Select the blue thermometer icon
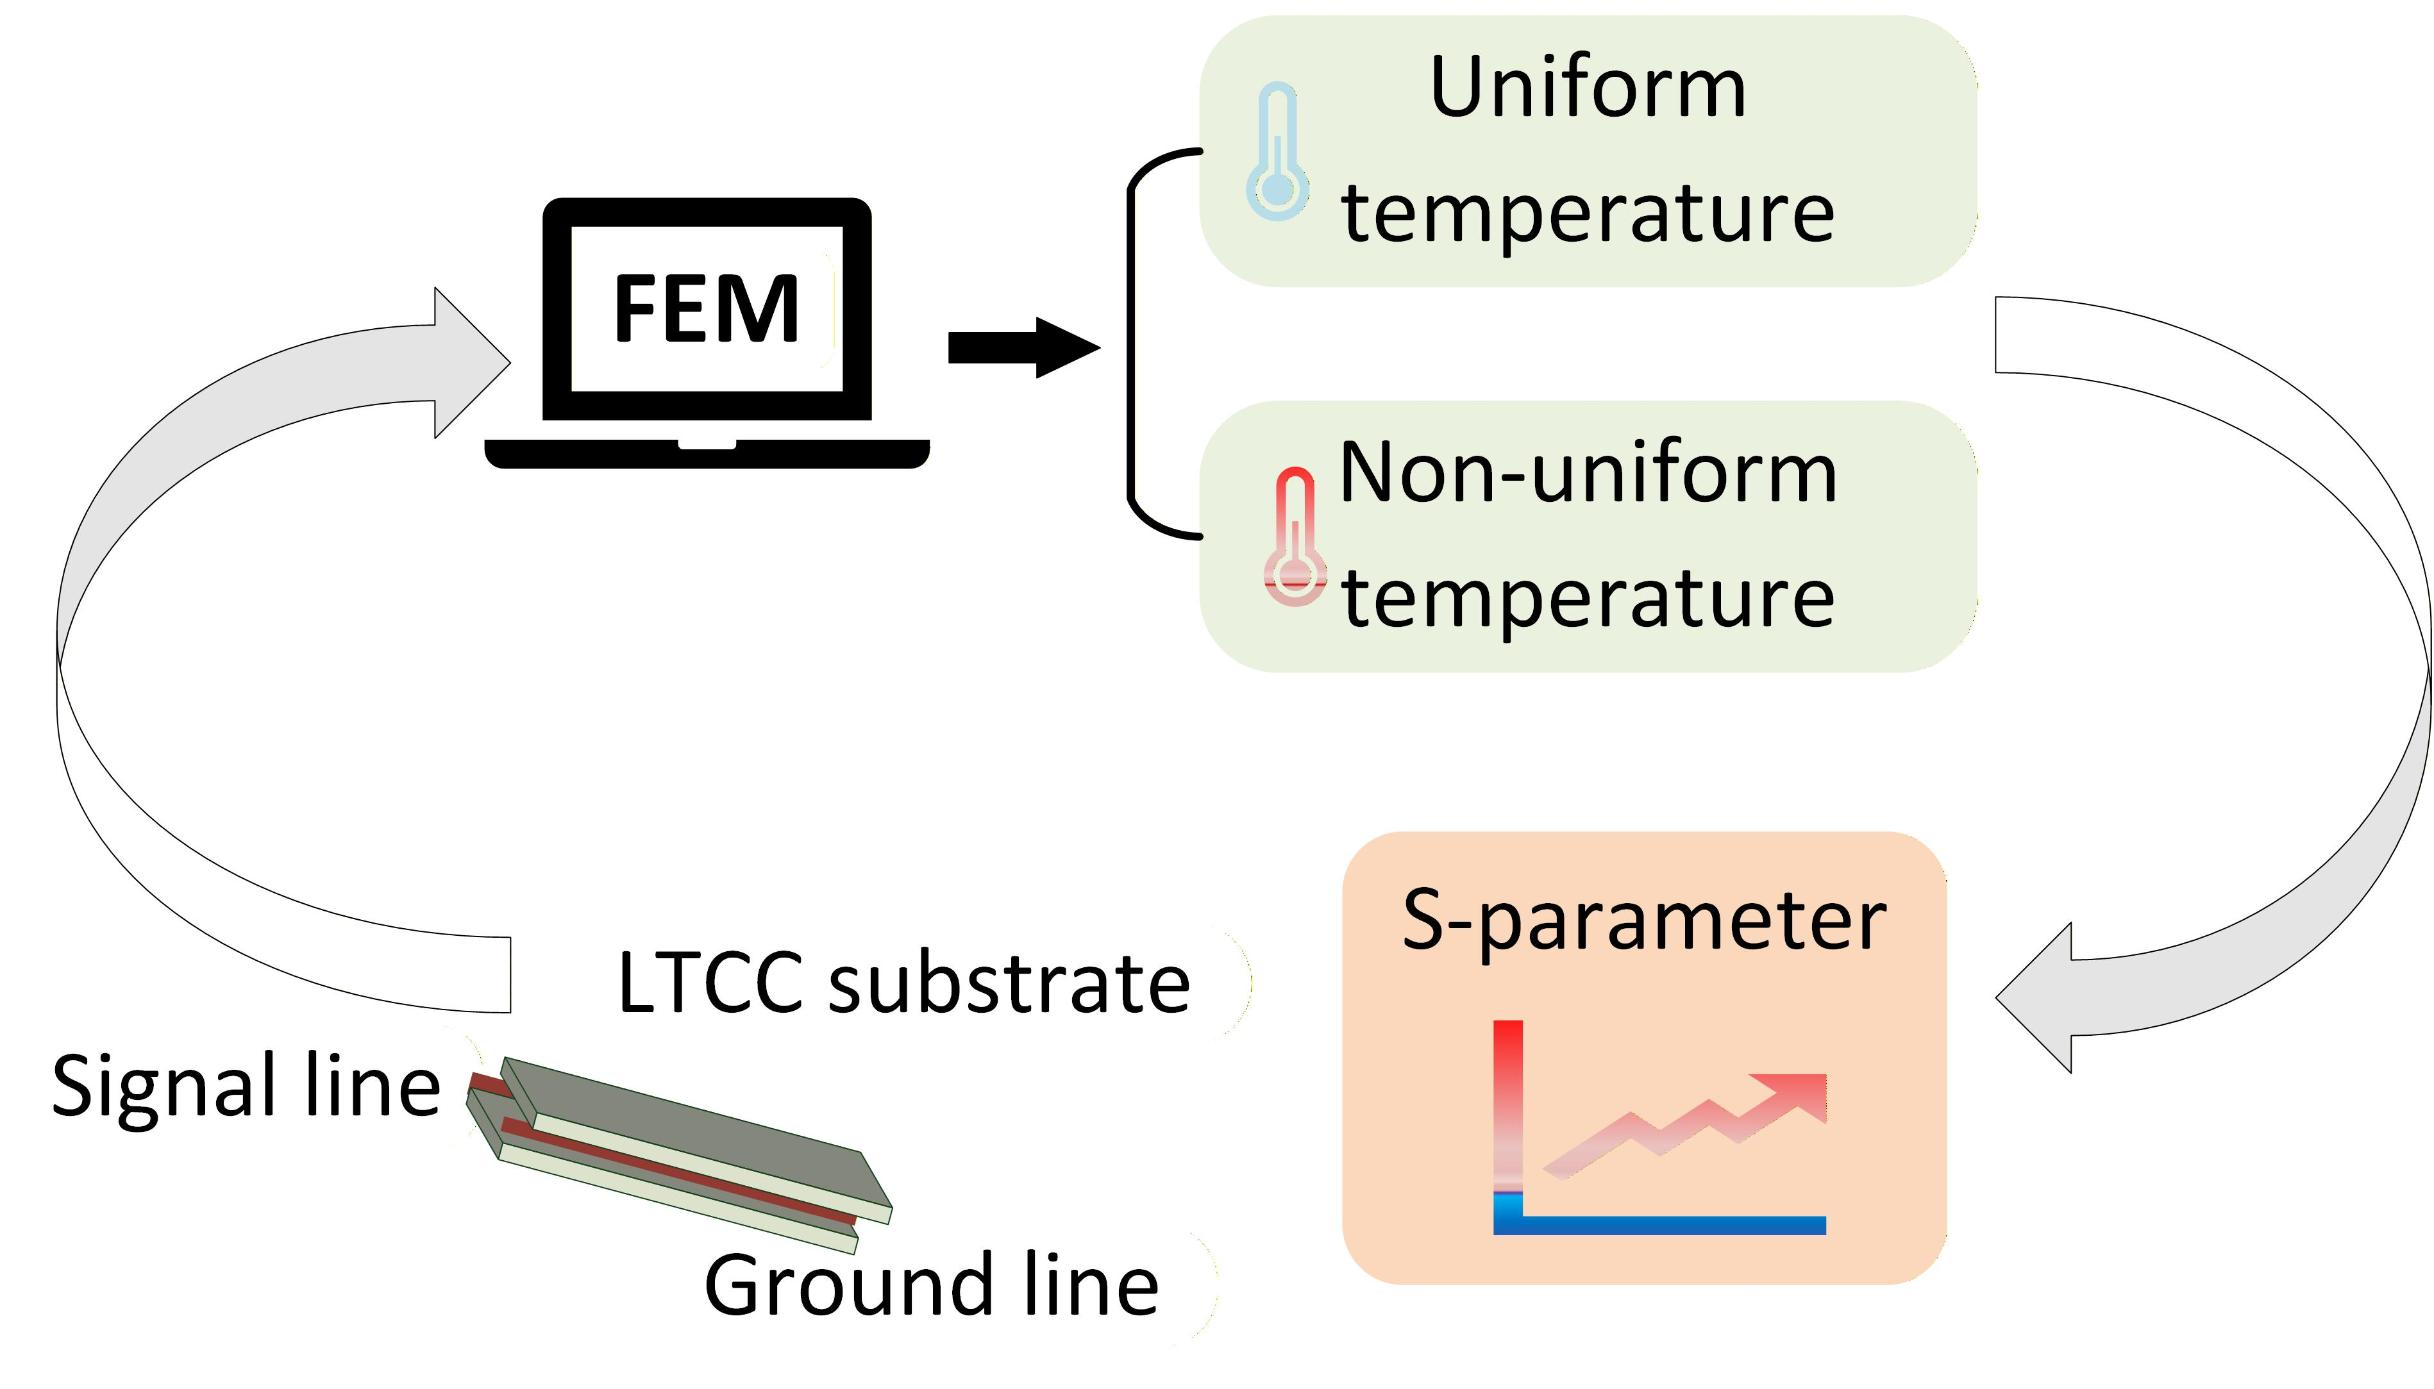pos(1277,152)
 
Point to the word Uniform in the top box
pos(1588,88)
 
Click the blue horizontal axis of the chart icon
pos(1659,1225)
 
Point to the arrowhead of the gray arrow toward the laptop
pos(473,363)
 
